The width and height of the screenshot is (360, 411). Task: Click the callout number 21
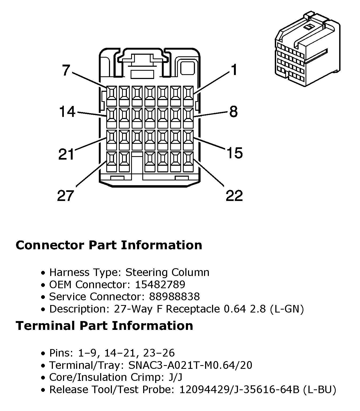[66, 154]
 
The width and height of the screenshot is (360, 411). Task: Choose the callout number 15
[235, 153]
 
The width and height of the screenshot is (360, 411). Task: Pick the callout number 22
[234, 196]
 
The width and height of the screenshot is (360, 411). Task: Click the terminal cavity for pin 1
[188, 96]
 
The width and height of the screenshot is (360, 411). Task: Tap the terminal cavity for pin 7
[112, 96]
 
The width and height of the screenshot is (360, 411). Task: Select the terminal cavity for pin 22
[188, 162]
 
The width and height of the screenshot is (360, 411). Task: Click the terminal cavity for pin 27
[112, 162]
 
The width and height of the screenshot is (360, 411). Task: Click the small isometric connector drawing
[307, 49]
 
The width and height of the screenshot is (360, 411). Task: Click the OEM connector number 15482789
[160, 284]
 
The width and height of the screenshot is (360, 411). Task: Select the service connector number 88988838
[174, 297]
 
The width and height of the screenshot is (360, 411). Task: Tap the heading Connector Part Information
[109, 245]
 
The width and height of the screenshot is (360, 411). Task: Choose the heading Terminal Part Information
[104, 325]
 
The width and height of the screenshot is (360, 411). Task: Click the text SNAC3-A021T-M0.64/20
[190, 365]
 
